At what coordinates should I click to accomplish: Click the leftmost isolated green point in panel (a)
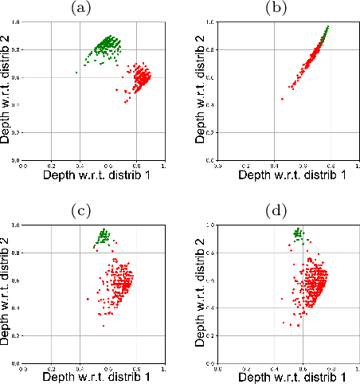(x=76, y=72)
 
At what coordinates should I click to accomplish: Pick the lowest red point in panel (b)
(x=283, y=99)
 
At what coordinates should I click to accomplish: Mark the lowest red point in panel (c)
(x=103, y=326)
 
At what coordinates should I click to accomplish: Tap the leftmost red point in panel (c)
(x=88, y=299)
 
